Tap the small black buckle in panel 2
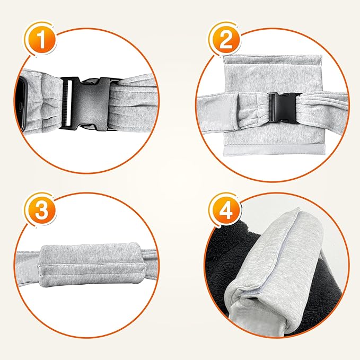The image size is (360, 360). pyautogui.click(x=284, y=108)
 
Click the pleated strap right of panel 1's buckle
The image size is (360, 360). pyautogui.click(x=133, y=104)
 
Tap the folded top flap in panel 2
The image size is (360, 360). pyautogui.click(x=272, y=62)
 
